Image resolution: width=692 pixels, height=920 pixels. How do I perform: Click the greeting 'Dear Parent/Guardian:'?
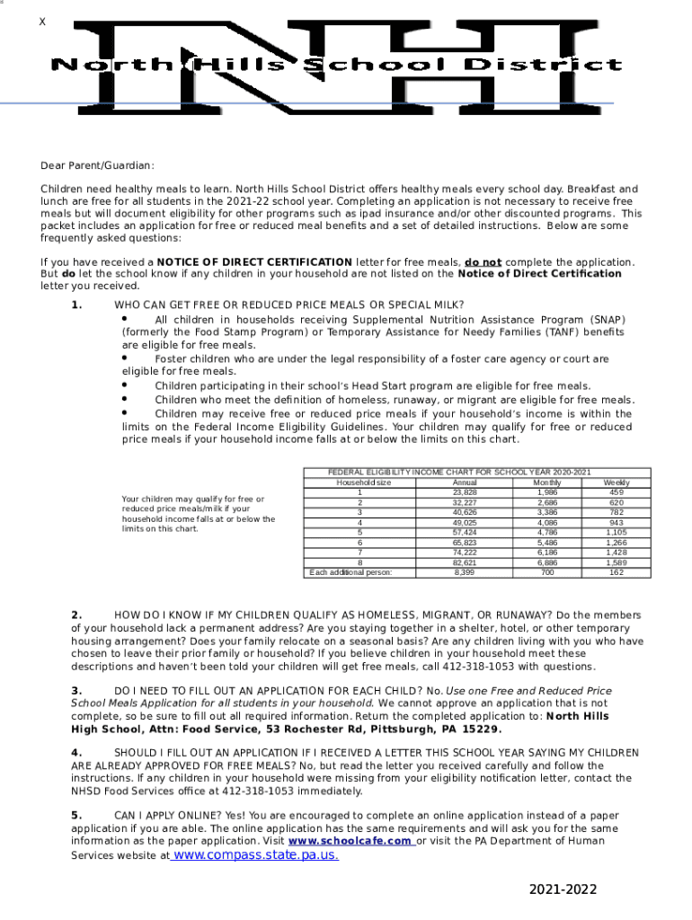pos(97,165)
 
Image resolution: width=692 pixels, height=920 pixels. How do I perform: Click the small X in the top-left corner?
pos(41,22)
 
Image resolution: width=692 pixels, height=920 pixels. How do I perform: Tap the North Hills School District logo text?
pos(336,65)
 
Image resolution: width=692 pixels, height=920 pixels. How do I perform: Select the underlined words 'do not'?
pos(483,261)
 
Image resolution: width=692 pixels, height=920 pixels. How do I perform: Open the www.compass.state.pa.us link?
pos(255,854)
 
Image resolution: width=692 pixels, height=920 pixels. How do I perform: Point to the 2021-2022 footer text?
pos(563,889)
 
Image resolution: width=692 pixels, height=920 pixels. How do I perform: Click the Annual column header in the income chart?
pos(465,482)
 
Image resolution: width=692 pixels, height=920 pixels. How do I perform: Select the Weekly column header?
pos(616,482)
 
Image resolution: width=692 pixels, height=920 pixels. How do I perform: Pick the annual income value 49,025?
pos(465,522)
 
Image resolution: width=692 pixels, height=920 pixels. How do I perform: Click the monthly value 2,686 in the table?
pos(546,502)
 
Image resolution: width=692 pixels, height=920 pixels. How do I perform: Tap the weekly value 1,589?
pos(616,562)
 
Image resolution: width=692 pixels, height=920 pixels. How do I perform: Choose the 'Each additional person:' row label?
pos(350,571)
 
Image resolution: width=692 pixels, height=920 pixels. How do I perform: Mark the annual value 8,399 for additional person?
pos(465,571)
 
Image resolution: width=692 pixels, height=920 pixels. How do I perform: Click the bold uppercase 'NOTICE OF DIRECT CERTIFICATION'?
pos(254,261)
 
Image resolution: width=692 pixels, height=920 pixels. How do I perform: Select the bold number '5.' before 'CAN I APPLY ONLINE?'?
pos(77,815)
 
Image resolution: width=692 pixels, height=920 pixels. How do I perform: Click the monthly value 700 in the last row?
pos(546,571)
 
